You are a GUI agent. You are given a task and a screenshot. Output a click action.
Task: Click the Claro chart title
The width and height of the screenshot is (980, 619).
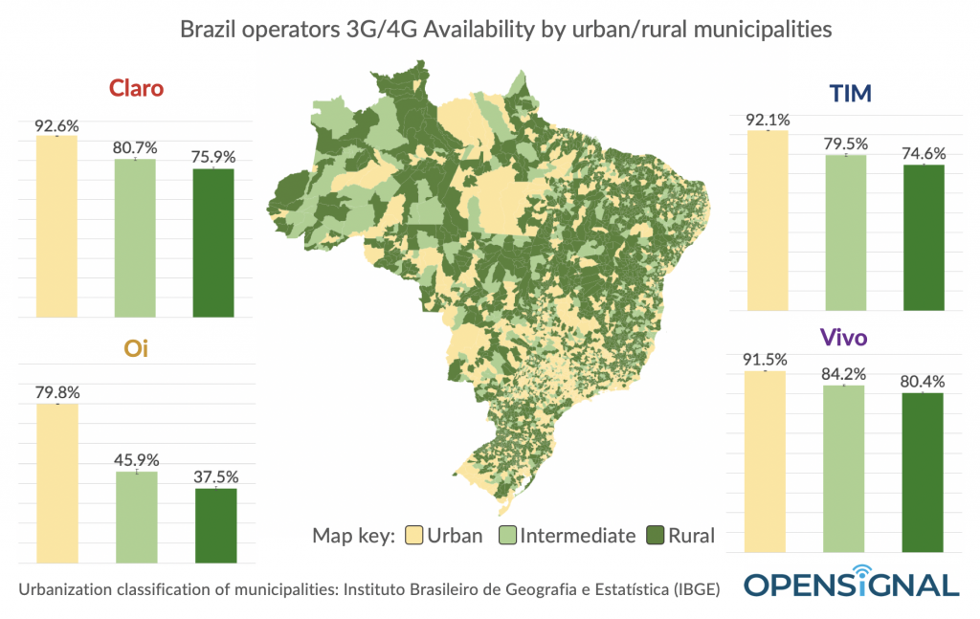click(x=136, y=88)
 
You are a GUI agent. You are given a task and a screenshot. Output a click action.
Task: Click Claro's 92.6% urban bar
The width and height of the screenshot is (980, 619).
click(x=56, y=227)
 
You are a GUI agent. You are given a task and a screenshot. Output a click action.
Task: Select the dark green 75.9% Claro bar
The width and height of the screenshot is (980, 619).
click(x=213, y=243)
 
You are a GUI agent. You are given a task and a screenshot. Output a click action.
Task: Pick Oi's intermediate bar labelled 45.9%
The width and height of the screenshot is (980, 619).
click(x=135, y=517)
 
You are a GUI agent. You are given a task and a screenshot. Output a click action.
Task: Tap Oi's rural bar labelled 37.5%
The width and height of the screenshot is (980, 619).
click(x=215, y=525)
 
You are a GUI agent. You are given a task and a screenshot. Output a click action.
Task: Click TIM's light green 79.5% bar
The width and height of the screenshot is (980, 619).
click(x=845, y=232)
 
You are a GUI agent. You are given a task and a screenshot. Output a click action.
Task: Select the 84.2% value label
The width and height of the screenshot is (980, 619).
click(x=843, y=374)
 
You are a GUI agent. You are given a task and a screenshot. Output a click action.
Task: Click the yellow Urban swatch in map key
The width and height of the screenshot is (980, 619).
click(x=413, y=536)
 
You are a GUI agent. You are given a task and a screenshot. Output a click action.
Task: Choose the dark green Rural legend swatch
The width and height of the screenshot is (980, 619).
click(x=655, y=536)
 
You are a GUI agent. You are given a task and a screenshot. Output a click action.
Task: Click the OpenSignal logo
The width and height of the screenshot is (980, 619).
click(x=852, y=583)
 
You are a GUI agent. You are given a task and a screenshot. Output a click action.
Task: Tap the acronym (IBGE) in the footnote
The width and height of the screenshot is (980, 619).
click(x=691, y=589)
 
